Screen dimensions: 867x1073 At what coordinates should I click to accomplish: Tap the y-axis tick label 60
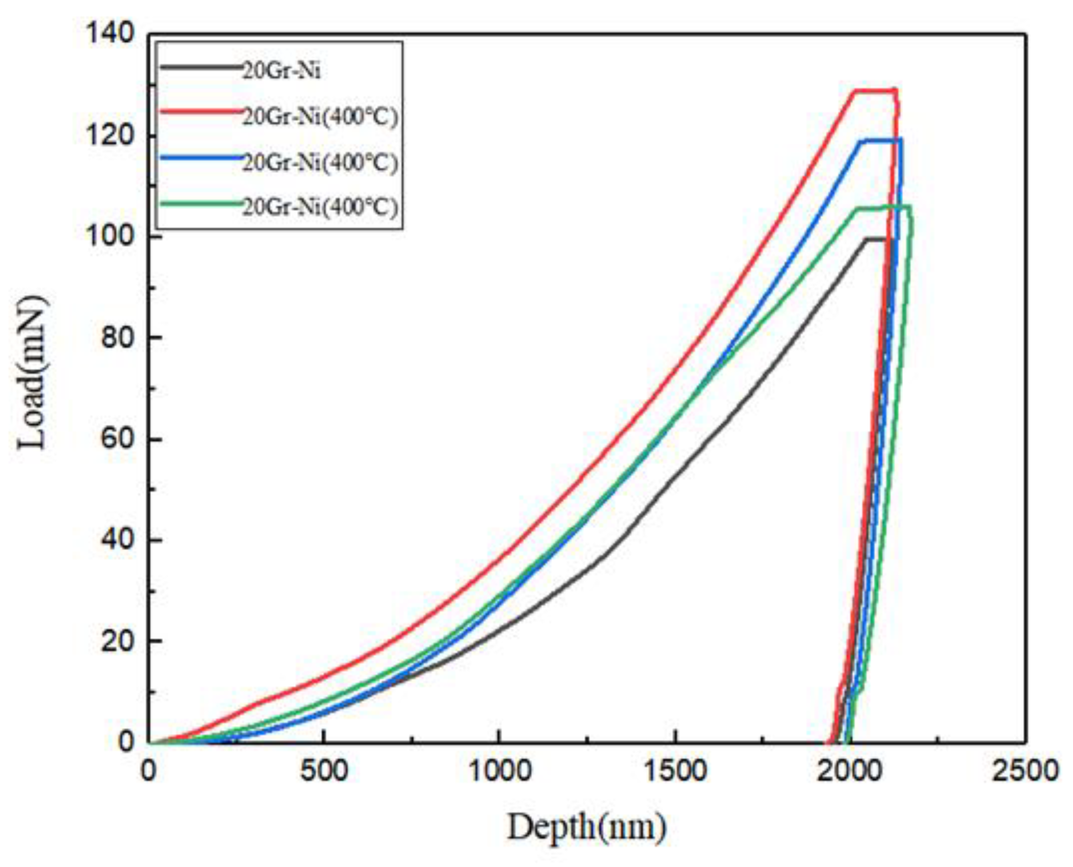(x=117, y=439)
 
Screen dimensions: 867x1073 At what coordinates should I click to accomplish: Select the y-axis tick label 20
(x=117, y=641)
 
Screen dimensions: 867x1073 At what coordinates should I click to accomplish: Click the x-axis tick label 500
(x=324, y=771)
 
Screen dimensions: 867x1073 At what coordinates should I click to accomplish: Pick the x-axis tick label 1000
(x=500, y=771)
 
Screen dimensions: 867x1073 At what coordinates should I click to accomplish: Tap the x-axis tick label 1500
(x=675, y=771)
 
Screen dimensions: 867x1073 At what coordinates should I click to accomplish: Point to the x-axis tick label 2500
(x=1026, y=771)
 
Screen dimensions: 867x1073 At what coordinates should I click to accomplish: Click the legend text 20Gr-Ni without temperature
(x=281, y=71)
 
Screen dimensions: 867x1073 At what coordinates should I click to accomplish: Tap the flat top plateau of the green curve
(x=880, y=207)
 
